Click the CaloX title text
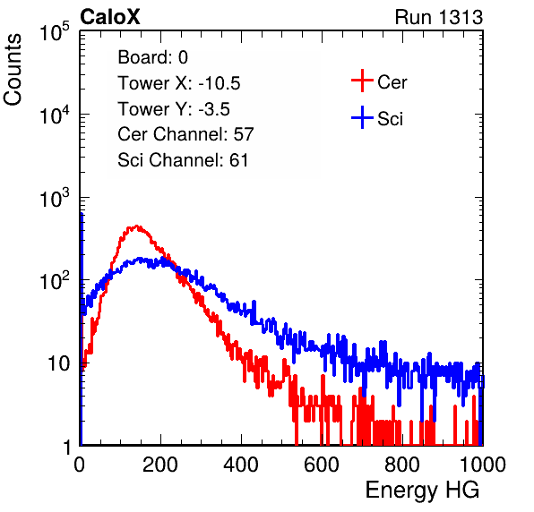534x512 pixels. (x=110, y=17)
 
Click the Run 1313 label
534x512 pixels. (x=439, y=17)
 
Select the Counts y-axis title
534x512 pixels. (x=13, y=70)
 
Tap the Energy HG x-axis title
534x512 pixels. (x=422, y=491)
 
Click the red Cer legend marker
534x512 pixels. (x=362, y=81)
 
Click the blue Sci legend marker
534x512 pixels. (x=362, y=117)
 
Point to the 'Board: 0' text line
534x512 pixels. (x=152, y=57)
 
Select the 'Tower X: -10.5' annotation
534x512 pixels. (x=179, y=83)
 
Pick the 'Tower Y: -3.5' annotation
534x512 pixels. (x=174, y=109)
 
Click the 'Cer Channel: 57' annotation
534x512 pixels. (x=185, y=134)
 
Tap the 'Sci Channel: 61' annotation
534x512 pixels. (x=183, y=160)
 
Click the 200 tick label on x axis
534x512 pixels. (x=160, y=465)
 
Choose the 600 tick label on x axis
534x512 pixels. (x=322, y=465)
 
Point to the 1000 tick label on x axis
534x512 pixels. (x=483, y=465)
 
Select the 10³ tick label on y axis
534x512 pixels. (x=55, y=197)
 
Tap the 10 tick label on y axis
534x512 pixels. (x=59, y=363)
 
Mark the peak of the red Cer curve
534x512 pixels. (x=136, y=226)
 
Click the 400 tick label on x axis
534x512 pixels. (x=241, y=465)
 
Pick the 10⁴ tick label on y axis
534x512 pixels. (x=55, y=115)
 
